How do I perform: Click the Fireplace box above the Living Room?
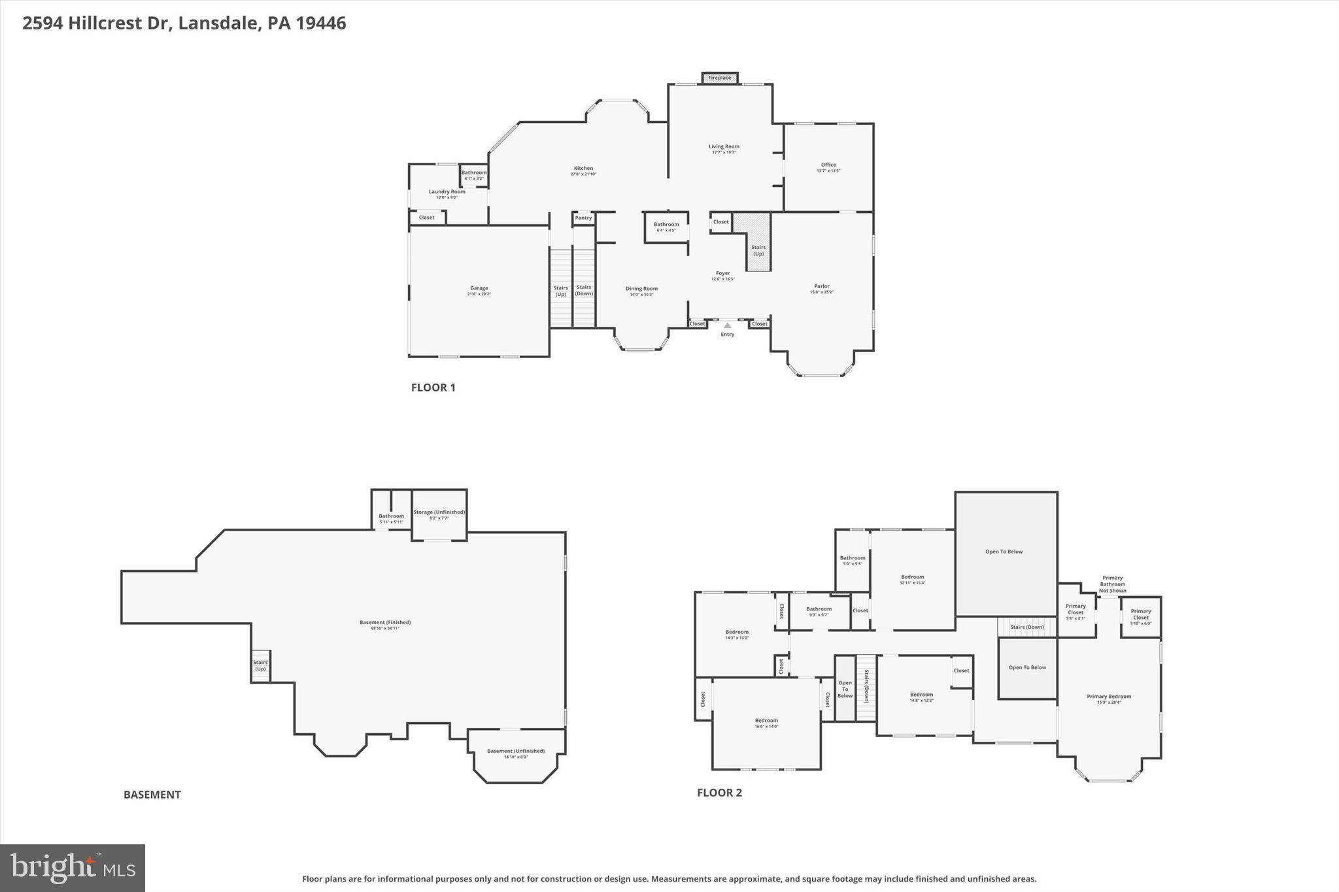coord(720,78)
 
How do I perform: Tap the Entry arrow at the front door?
coord(727,325)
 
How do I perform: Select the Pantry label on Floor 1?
coord(583,218)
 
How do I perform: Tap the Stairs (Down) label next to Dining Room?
coord(584,289)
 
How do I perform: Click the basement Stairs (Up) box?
coord(260,665)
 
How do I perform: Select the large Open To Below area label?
coord(1004,552)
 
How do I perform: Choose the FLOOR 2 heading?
coord(719,793)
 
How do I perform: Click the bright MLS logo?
coord(73,868)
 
